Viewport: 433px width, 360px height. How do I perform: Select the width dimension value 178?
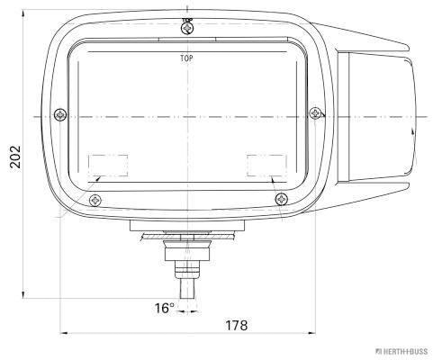pyautogui.click(x=237, y=325)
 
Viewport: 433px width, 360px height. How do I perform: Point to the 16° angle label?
pyautogui.click(x=163, y=309)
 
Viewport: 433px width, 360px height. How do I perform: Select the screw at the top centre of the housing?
pyautogui.click(x=186, y=29)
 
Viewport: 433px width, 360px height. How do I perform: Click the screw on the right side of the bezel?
pyautogui.click(x=314, y=113)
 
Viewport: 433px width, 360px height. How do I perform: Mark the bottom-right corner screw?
pyautogui.click(x=282, y=199)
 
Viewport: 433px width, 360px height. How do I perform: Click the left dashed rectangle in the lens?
pyautogui.click(x=108, y=165)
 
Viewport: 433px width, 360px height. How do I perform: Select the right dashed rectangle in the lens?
pyautogui.click(x=266, y=165)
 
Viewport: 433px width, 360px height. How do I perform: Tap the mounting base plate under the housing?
pyautogui.click(x=187, y=226)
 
